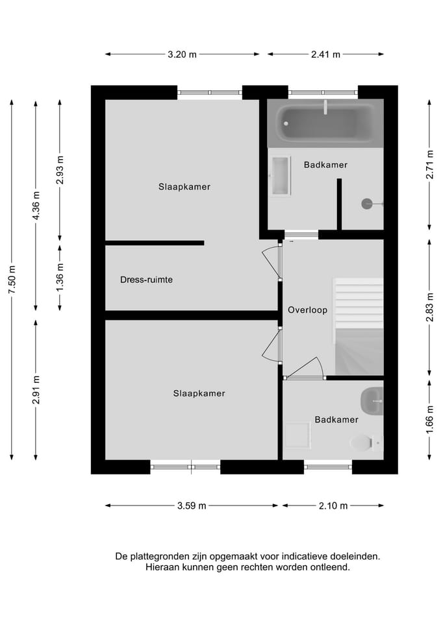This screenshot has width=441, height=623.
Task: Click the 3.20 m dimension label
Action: [183, 55]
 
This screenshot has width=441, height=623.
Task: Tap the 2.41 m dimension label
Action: [326, 55]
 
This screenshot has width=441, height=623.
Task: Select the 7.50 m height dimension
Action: [12, 279]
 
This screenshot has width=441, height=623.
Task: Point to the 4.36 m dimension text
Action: [36, 205]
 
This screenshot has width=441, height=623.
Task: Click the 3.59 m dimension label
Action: [192, 506]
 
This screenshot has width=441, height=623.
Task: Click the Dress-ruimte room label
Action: [146, 280]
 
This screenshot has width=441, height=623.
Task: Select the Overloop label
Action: [307, 310]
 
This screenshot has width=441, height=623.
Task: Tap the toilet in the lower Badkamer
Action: [364, 443]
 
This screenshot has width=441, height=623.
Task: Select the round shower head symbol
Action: [367, 203]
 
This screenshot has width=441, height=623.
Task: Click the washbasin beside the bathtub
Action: [281, 175]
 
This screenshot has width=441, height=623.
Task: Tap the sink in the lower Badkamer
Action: [373, 401]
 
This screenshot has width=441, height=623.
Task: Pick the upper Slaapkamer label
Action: [184, 187]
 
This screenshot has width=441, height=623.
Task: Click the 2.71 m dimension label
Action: [430, 165]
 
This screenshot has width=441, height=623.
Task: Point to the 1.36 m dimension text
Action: [60, 276]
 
